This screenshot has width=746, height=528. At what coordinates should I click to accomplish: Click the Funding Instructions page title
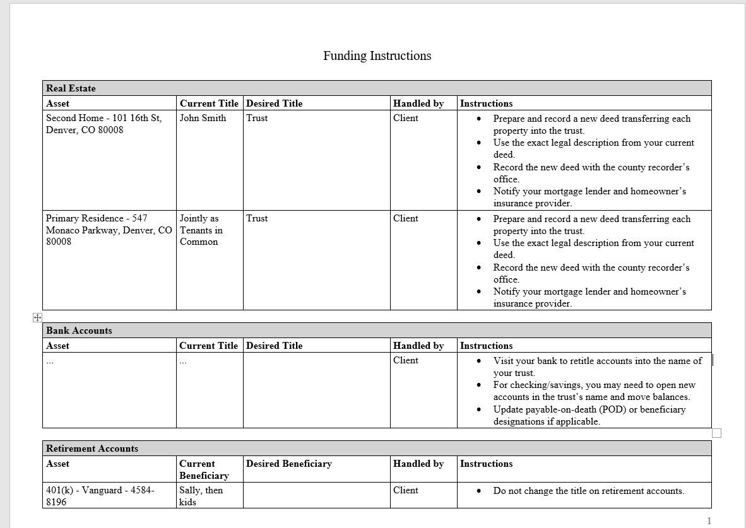click(x=377, y=56)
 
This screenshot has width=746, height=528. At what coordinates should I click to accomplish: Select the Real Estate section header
click(x=71, y=88)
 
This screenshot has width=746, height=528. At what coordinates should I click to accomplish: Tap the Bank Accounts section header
click(x=79, y=331)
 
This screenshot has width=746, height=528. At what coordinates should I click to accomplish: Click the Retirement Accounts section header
click(x=92, y=449)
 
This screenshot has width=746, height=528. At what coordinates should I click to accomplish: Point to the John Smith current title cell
click(x=203, y=118)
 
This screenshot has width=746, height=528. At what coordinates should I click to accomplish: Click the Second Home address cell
click(x=104, y=124)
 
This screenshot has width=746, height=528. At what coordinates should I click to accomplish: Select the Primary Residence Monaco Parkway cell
click(x=109, y=230)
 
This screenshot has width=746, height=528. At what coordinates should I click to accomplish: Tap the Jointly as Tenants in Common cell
click(x=201, y=230)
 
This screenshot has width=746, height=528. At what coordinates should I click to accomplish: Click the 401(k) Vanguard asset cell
click(x=100, y=496)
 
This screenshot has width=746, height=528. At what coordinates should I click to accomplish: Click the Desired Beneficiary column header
click(x=288, y=464)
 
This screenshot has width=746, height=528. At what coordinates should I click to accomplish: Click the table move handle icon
click(x=37, y=317)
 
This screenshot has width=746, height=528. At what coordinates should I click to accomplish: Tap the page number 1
click(x=709, y=520)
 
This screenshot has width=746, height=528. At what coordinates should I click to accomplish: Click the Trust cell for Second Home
click(x=257, y=118)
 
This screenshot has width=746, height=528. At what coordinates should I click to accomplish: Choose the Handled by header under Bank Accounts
click(x=418, y=346)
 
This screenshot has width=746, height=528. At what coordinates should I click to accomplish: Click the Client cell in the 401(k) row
click(x=405, y=490)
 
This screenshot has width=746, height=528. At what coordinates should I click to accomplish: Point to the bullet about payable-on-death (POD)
click(x=589, y=415)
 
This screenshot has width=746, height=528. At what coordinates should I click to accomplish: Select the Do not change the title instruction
click(x=588, y=491)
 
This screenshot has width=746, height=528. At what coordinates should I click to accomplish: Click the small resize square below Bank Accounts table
click(x=716, y=433)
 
